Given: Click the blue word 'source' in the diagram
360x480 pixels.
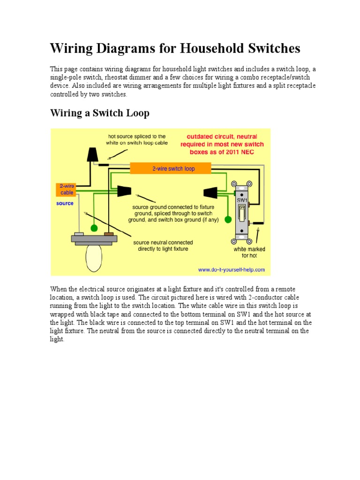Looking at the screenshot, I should coord(65,203).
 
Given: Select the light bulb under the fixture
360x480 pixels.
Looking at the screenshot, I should coord(93,257).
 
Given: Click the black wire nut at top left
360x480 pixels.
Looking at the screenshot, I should coord(92,154).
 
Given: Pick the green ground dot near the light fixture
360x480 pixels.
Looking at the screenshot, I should coord(94,228).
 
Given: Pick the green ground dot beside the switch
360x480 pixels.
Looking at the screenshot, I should coord(228,219).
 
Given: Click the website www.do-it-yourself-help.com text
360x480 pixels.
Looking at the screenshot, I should coord(231,270).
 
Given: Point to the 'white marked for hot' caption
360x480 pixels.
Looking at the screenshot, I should coord(249,252).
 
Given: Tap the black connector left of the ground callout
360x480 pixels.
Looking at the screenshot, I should coord(124,191).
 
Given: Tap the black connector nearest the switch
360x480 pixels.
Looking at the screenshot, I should coord(209,193).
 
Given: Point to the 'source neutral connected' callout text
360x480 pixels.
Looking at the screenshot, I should coord(163,246).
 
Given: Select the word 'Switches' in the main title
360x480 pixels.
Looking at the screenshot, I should coord(274,48).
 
